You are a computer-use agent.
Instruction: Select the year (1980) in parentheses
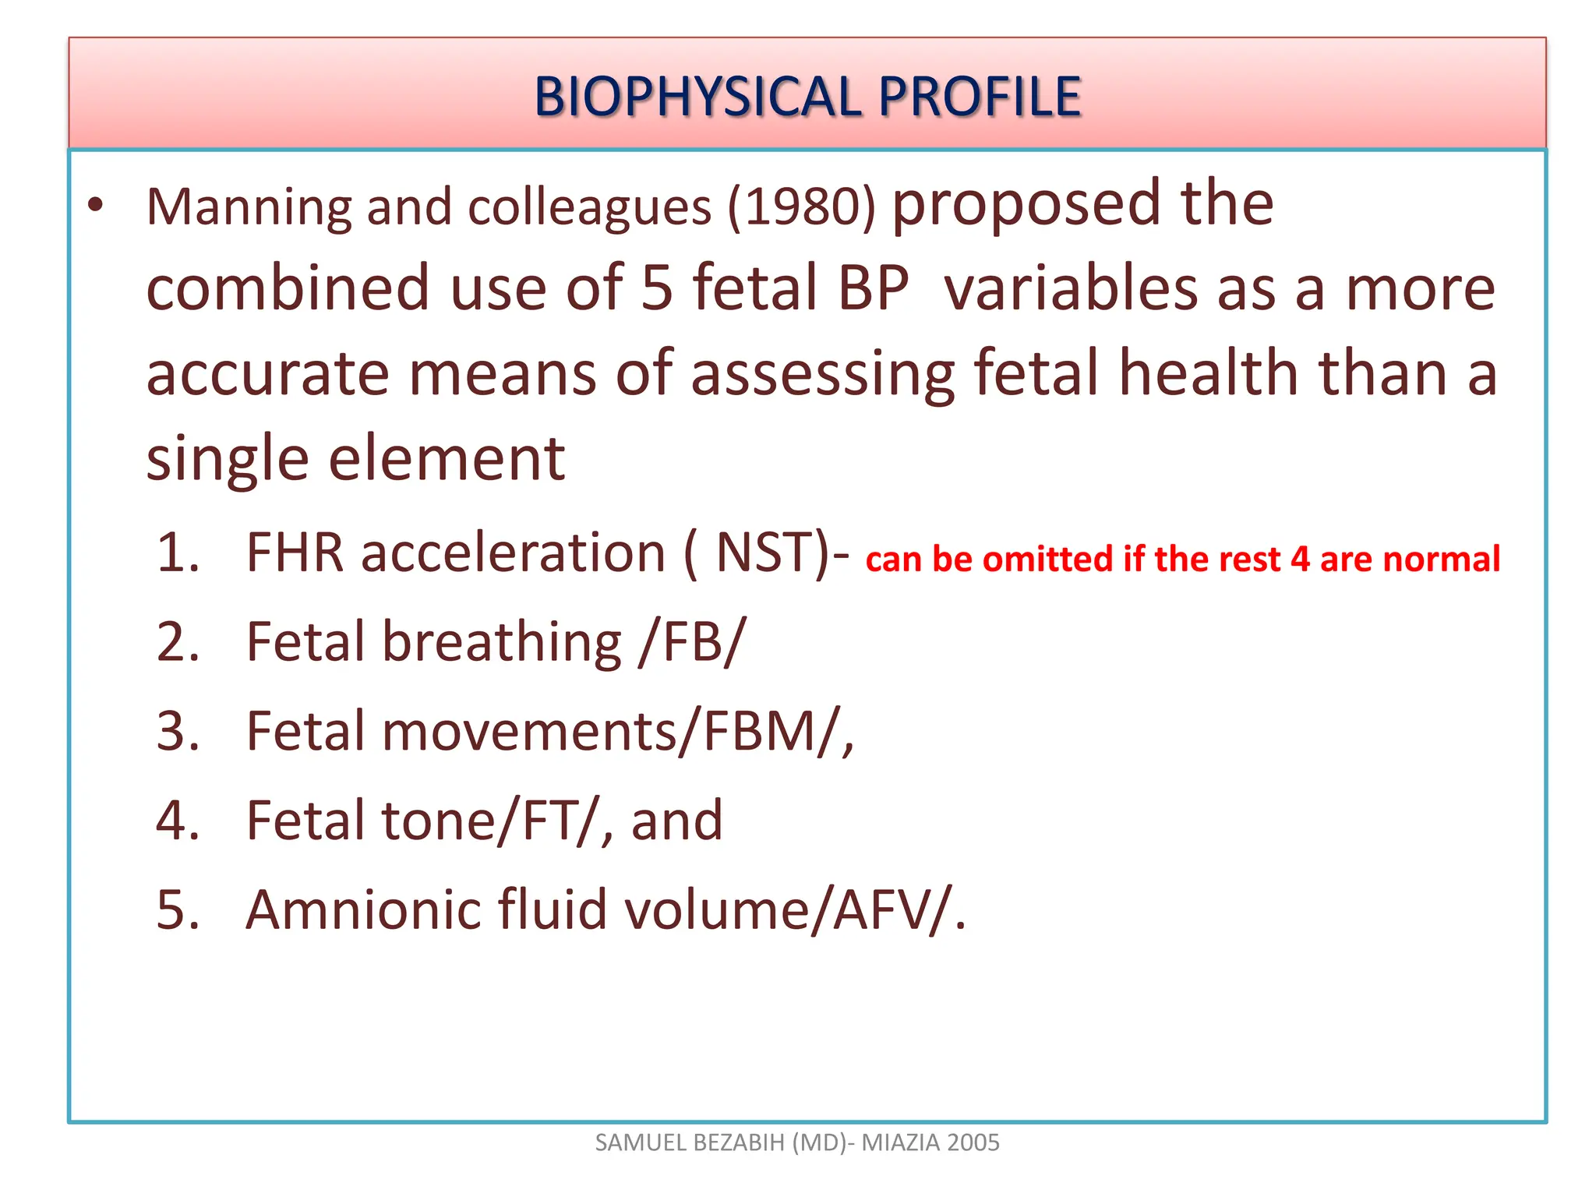tap(802, 208)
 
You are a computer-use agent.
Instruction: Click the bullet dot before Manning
tap(95, 206)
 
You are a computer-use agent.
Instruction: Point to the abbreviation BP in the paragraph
tap(874, 288)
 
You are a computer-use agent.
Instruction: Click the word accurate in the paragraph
tap(267, 373)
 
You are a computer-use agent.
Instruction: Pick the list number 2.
tap(177, 643)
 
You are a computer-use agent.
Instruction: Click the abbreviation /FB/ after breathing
tap(692, 643)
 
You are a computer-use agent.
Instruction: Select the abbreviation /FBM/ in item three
tap(760, 732)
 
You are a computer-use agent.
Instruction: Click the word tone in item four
tap(437, 821)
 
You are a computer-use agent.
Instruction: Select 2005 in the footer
tap(974, 1142)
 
